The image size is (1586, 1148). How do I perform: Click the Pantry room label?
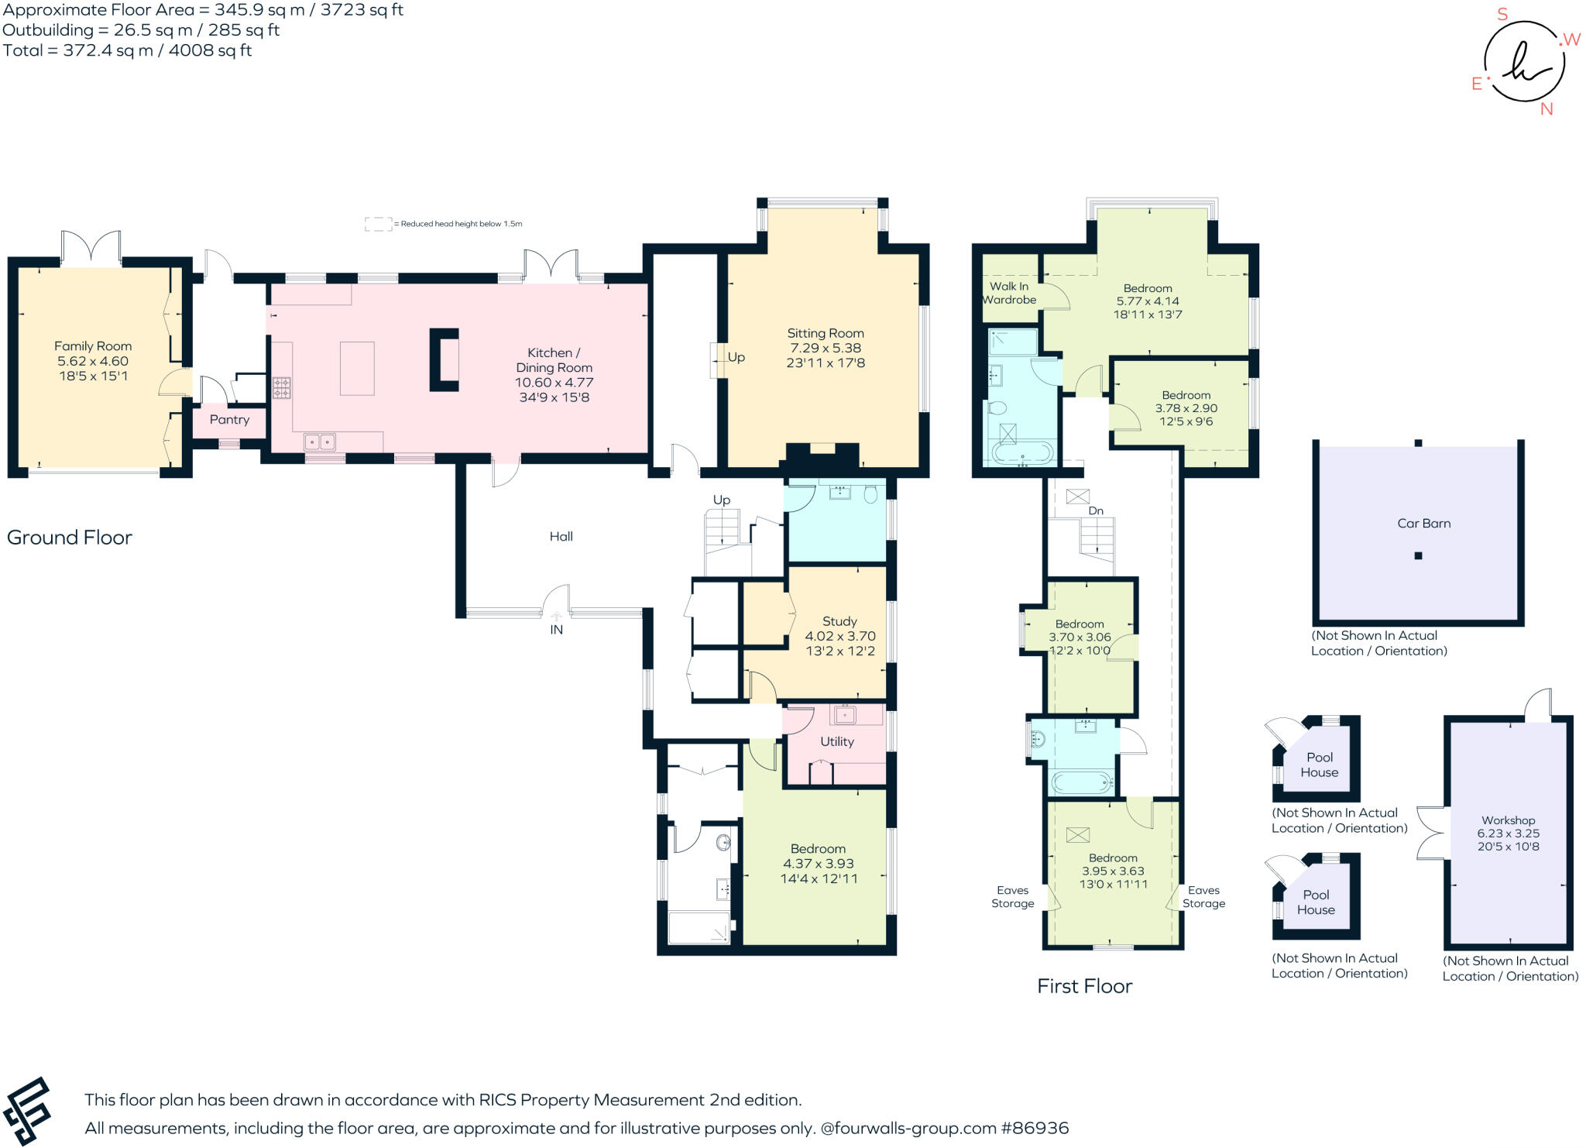coord(229,419)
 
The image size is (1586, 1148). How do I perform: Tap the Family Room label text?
coord(93,346)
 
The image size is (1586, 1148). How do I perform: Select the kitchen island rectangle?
coord(357,369)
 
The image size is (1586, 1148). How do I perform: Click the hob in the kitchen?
coord(282,388)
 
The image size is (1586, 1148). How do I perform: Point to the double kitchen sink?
coord(320,442)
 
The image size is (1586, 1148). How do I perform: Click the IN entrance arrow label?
coord(556,630)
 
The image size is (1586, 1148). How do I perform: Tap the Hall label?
coord(561,536)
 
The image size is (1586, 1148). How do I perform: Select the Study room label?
coord(839,621)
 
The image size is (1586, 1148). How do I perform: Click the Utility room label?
coord(836,741)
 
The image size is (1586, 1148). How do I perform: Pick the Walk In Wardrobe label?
coord(1008,293)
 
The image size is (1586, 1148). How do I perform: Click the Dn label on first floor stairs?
coord(1095,511)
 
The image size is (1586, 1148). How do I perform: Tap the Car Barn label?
coord(1423,524)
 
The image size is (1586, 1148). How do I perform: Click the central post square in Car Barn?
coord(1418,555)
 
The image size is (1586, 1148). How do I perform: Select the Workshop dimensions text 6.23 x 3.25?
coord(1508,834)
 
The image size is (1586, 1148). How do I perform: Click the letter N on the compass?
coord(1547,109)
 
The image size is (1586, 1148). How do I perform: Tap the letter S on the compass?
coord(1502,14)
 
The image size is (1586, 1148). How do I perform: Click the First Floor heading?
coord(1084,986)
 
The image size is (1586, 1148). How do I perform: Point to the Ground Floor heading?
coord(70,538)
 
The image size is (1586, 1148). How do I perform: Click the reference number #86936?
coord(1035,1128)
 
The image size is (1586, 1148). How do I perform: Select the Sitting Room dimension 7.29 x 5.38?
coord(825,348)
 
